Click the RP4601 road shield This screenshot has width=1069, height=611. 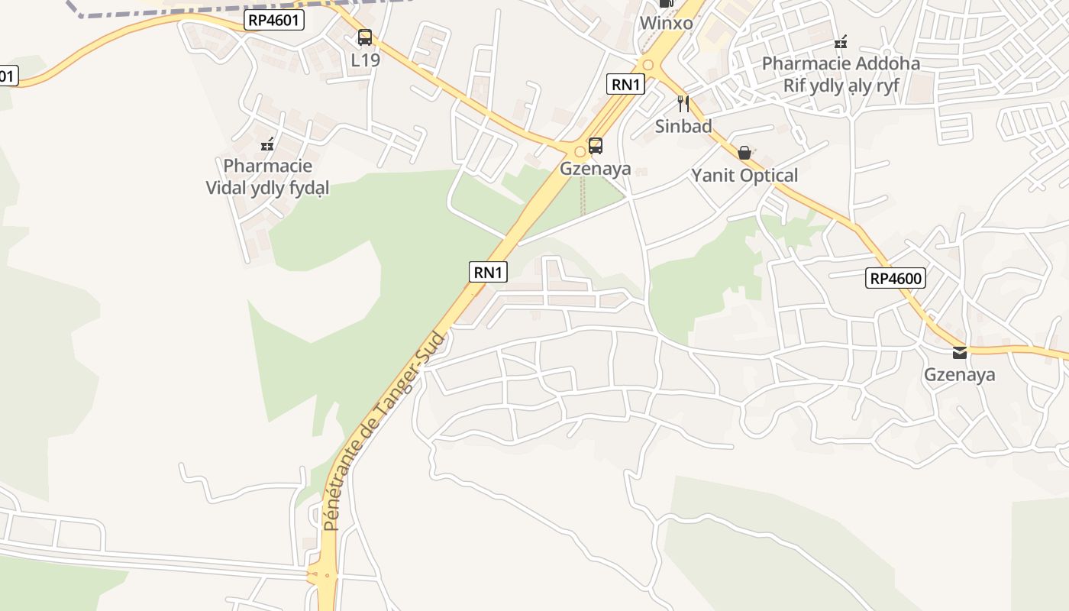point(275,21)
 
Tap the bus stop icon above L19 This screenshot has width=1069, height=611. point(365,37)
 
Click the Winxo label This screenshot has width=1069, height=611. point(666,23)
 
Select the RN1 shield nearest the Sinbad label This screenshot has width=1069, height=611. point(625,84)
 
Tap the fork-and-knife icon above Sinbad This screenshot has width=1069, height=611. point(683,104)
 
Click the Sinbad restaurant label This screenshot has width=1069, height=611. point(683,126)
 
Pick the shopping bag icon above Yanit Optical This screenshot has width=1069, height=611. point(744,153)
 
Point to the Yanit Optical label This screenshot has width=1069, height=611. point(744,176)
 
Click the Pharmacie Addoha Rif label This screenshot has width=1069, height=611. point(841,74)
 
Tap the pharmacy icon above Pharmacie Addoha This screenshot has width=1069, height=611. point(841,41)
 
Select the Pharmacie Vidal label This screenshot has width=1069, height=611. point(267,176)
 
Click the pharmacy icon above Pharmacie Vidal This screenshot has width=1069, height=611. point(267,144)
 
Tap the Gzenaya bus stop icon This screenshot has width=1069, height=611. point(596,145)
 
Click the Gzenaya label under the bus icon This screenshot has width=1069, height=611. point(596,168)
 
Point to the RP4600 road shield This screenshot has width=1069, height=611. point(896,278)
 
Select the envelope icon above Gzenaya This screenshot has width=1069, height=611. point(960,353)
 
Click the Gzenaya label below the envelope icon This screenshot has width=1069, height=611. point(960,375)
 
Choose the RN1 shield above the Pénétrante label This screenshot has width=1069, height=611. point(488,271)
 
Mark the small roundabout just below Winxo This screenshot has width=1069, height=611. point(648,66)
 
